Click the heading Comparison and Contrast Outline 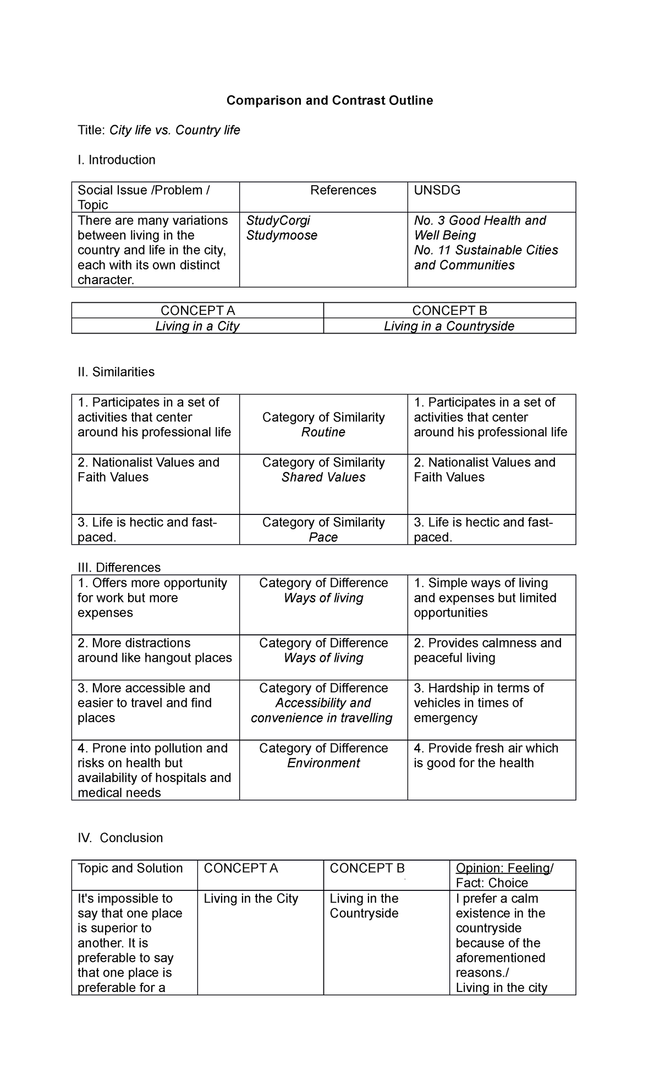click(x=330, y=101)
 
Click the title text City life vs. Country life click(x=174, y=130)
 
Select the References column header click(x=343, y=190)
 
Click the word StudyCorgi click(x=278, y=220)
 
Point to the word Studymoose click(x=282, y=235)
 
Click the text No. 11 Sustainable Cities click(x=486, y=250)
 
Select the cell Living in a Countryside click(x=449, y=326)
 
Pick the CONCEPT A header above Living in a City click(x=197, y=311)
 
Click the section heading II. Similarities click(x=116, y=372)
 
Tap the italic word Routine click(x=323, y=432)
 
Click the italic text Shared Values click(x=323, y=477)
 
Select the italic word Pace click(x=323, y=537)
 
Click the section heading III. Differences click(x=119, y=567)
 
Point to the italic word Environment click(x=323, y=763)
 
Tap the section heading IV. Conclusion click(x=120, y=838)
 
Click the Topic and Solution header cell click(x=130, y=868)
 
